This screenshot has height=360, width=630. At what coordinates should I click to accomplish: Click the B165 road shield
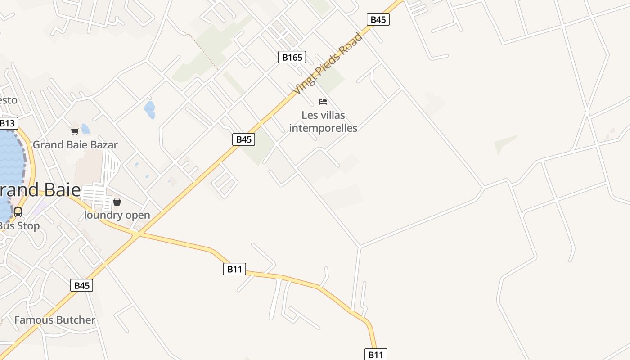(x=292, y=57)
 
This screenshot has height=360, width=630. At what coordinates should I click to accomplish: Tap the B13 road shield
(x=7, y=123)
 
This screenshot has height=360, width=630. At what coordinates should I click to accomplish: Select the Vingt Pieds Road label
(x=327, y=63)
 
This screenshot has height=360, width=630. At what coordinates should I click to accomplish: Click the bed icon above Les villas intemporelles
(x=323, y=102)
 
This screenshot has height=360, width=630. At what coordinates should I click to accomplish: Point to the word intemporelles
(x=323, y=128)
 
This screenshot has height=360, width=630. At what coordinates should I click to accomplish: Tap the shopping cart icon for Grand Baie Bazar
(x=75, y=131)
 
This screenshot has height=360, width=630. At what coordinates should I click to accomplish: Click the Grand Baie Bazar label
(x=75, y=145)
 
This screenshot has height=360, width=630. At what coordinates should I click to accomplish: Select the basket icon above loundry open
(x=117, y=202)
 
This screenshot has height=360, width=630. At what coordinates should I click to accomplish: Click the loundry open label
(x=117, y=215)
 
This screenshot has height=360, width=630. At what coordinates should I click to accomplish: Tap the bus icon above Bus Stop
(x=18, y=212)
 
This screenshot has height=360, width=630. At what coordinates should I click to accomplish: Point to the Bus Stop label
(x=20, y=226)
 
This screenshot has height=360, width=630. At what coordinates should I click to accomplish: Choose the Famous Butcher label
(x=55, y=320)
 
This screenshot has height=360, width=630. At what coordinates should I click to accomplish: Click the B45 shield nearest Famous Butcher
(x=81, y=285)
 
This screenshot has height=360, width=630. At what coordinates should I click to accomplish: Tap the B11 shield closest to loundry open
(x=234, y=269)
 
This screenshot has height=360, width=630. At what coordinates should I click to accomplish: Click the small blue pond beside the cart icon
(x=85, y=129)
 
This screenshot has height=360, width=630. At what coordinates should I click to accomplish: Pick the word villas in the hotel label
(x=333, y=115)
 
